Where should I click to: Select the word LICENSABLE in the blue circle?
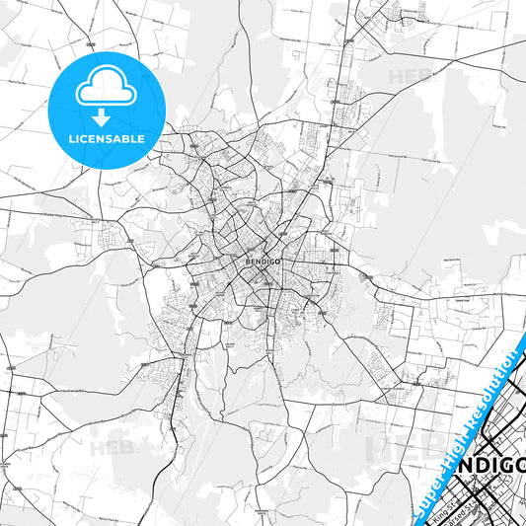click(x=105, y=139)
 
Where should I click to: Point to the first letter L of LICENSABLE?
click(x=72, y=139)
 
